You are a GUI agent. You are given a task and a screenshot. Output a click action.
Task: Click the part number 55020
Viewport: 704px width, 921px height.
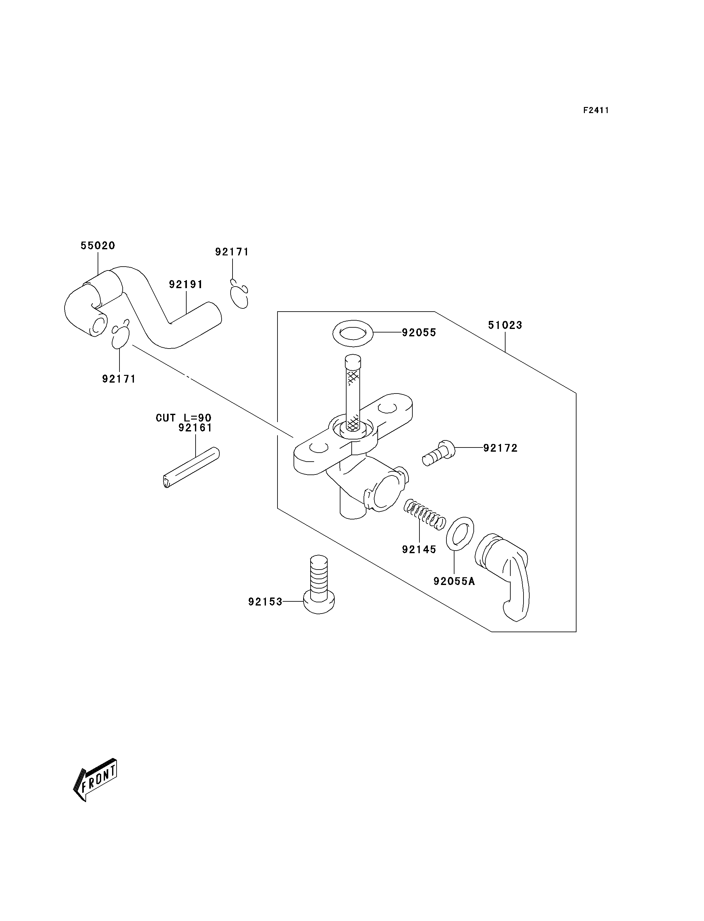(98, 246)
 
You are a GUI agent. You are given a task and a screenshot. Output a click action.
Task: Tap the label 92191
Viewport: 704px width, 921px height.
(186, 285)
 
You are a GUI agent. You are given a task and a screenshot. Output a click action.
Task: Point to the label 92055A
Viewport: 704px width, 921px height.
(454, 581)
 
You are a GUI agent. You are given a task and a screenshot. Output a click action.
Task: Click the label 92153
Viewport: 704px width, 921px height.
(265, 602)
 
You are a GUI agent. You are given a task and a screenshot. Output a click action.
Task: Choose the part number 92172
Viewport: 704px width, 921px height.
(500, 448)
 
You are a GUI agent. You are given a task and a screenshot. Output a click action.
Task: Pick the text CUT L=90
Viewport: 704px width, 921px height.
(183, 418)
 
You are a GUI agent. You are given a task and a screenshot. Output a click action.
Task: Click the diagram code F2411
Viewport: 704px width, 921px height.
(596, 110)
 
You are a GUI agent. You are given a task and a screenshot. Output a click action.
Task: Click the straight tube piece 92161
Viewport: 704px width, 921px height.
(191, 468)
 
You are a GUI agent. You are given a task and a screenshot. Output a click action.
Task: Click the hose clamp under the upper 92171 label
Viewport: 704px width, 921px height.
(240, 296)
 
